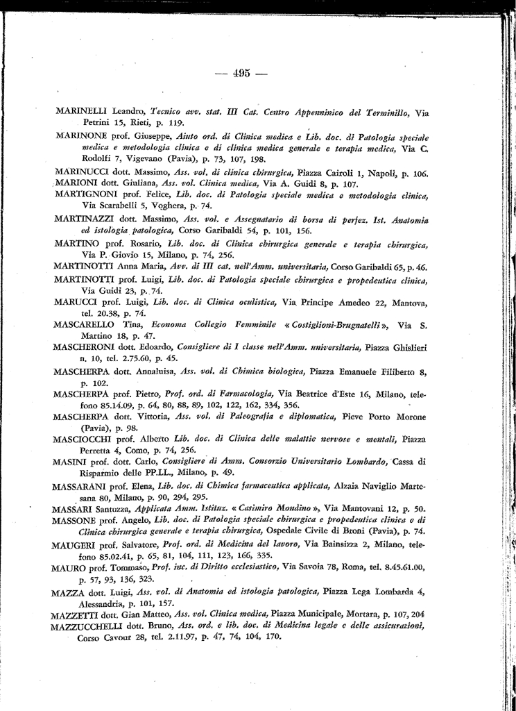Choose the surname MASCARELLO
pos(85,325)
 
